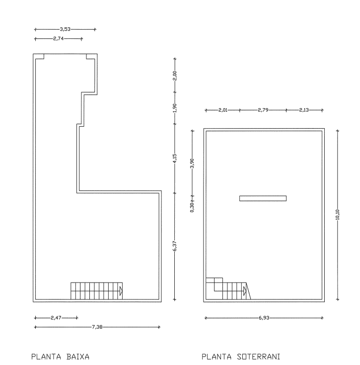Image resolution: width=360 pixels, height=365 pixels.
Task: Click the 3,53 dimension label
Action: tap(65, 29)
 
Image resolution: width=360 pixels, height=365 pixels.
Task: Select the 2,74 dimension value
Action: tap(59, 39)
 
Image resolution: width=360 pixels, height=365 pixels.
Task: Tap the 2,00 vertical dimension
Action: tap(175, 75)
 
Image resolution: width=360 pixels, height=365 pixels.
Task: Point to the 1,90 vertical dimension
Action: tap(175, 108)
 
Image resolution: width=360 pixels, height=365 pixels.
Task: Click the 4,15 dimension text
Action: tap(175, 158)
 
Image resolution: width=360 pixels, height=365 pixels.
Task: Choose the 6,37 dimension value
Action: tap(175, 246)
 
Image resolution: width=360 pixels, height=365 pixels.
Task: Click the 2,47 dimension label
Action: tap(56, 318)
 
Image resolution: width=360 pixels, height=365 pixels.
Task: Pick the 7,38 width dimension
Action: tap(97, 327)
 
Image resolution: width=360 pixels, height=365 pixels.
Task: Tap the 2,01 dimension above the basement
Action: tap(223, 110)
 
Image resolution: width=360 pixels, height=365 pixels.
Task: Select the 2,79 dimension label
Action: tap(263, 110)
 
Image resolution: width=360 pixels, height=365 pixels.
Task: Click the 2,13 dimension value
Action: tap(304, 110)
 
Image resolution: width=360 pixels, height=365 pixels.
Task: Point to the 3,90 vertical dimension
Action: tap(192, 163)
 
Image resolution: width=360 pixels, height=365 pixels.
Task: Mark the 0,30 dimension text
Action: tap(192, 208)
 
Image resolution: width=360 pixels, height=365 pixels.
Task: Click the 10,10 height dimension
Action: tap(338, 215)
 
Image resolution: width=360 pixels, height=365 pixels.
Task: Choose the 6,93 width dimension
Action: tap(264, 318)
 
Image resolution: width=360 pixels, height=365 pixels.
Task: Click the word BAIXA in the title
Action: tap(78, 357)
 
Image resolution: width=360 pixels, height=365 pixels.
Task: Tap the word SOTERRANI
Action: tap(258, 357)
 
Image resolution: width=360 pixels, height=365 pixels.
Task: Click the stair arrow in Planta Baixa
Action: tap(121, 291)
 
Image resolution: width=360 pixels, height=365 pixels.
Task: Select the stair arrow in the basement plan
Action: tap(245, 291)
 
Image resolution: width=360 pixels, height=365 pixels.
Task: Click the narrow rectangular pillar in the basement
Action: tap(263, 198)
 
